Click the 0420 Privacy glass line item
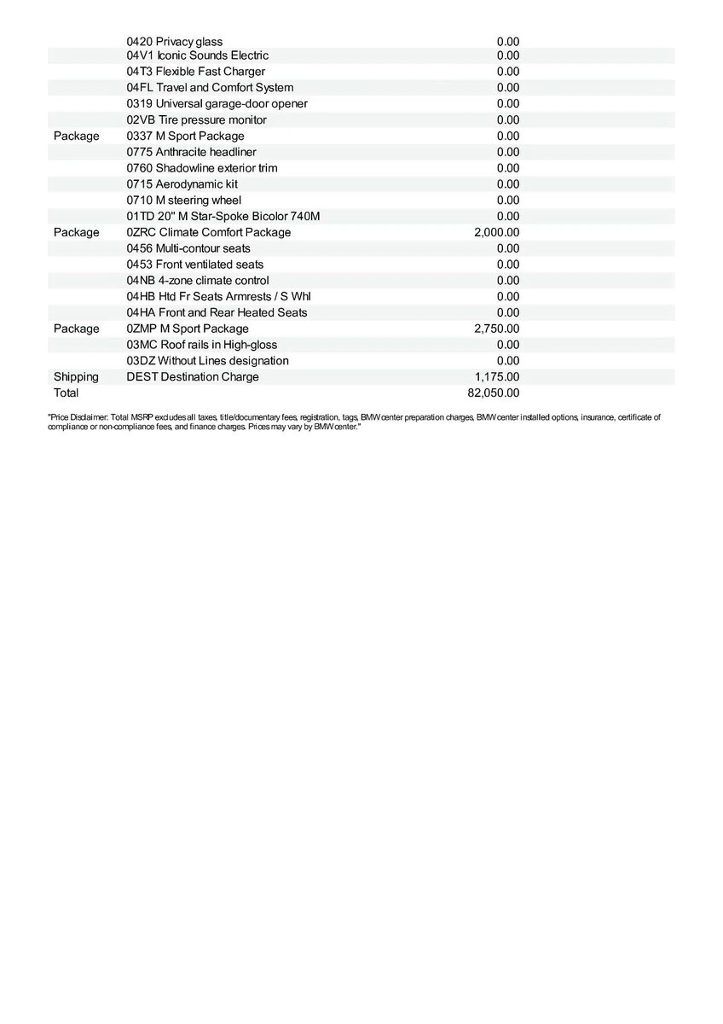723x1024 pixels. click(174, 42)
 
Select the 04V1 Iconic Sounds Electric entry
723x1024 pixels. click(197, 55)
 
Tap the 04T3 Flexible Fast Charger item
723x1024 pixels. click(195, 72)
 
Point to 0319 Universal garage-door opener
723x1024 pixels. click(217, 103)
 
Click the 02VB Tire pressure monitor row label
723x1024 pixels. click(196, 119)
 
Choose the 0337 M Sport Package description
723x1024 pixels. click(185, 136)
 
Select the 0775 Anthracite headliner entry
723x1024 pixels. click(191, 152)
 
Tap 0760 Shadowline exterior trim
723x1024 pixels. click(201, 168)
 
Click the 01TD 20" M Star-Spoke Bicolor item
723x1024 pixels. click(223, 216)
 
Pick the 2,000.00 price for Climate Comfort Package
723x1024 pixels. click(496, 232)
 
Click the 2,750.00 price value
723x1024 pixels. click(496, 329)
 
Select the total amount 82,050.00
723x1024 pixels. click(494, 393)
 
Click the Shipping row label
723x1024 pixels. click(76, 377)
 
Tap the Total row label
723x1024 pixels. click(66, 393)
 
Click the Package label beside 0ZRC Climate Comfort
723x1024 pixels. click(76, 232)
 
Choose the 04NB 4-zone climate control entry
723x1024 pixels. click(198, 281)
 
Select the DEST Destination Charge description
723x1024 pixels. click(193, 377)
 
